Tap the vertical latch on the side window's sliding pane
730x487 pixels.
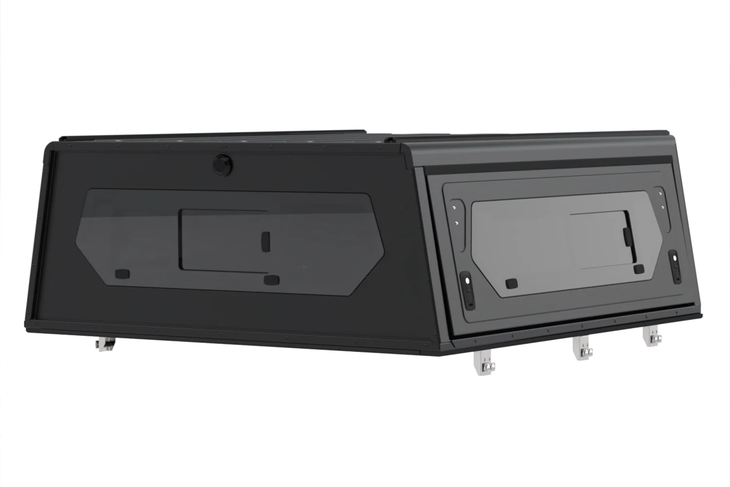(x=266, y=241)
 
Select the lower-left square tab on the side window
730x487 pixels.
(x=122, y=274)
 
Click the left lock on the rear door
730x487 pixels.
(x=467, y=291)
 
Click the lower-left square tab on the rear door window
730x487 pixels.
(x=511, y=283)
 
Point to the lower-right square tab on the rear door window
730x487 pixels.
(x=639, y=269)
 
